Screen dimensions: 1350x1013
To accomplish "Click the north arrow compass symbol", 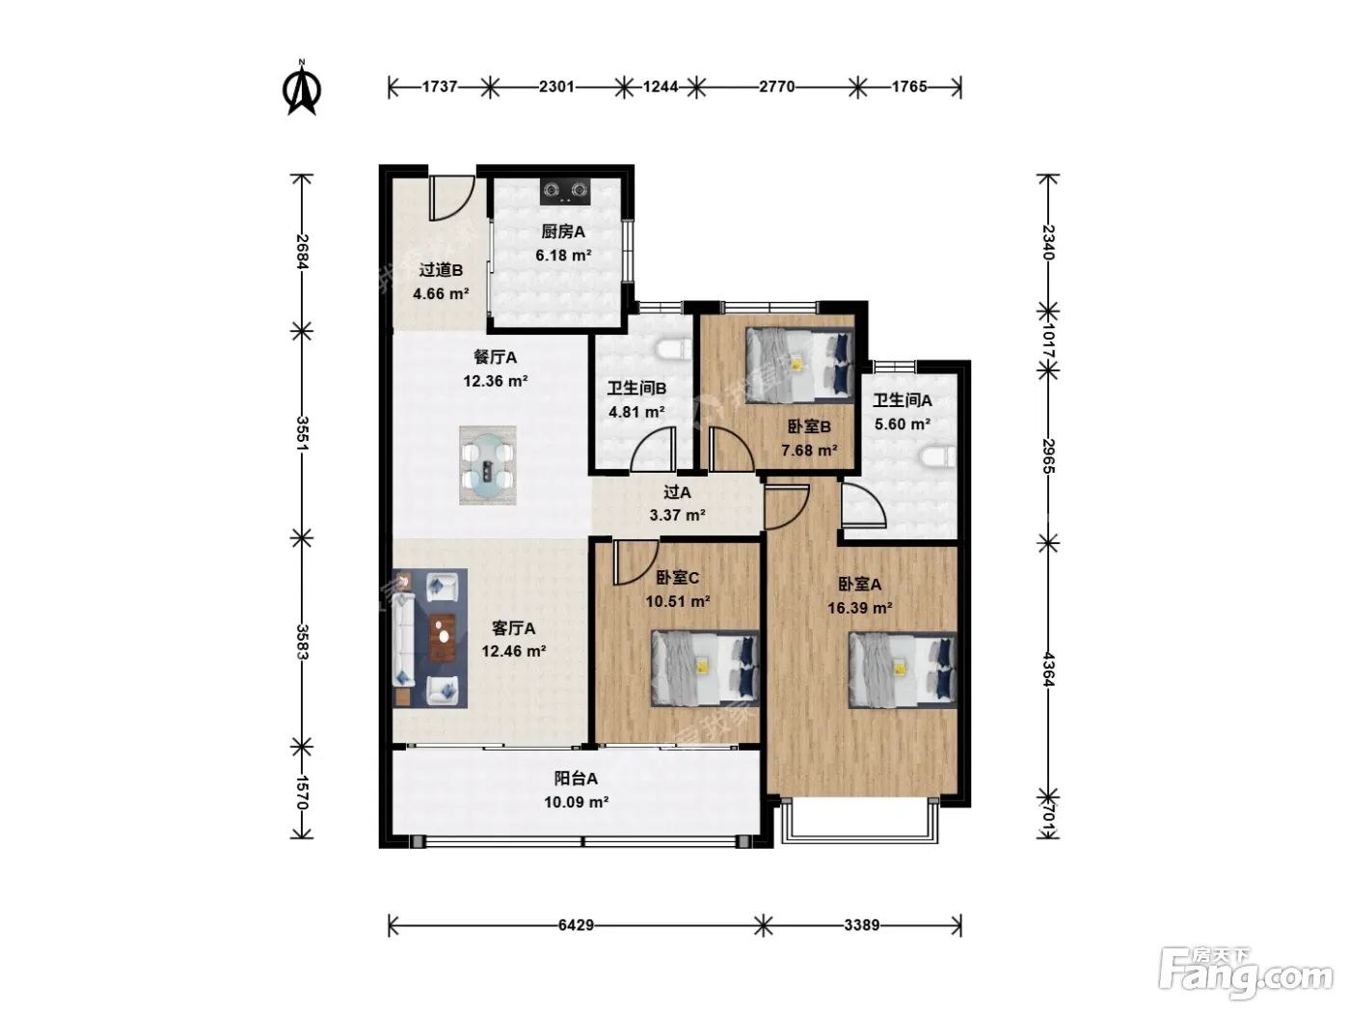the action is [x=302, y=89].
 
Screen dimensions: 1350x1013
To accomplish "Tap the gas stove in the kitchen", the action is [x=565, y=191].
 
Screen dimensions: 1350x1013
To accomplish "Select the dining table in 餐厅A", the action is [x=488, y=466].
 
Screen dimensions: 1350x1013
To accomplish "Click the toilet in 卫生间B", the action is [x=674, y=349].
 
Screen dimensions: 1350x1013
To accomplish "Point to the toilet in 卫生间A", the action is [x=938, y=457].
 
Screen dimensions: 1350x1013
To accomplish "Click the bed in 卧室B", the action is [x=799, y=365].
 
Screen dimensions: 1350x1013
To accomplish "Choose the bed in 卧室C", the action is [x=706, y=668].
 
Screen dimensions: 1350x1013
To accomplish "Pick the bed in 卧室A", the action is [x=903, y=670].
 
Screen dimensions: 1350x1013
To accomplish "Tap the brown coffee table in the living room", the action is [x=443, y=638].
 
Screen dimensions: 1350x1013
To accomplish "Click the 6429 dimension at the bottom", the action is [x=576, y=925].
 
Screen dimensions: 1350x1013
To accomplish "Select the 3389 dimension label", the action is [x=862, y=925].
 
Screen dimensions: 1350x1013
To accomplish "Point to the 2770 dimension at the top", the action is [x=777, y=87].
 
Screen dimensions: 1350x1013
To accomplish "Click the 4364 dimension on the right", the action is [x=1048, y=671].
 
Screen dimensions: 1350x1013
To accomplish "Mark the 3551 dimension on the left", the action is [x=302, y=433].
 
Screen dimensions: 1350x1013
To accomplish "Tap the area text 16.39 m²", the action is [x=860, y=609].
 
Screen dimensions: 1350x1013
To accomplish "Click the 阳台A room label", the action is [x=576, y=779].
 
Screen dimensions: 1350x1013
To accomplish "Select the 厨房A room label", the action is [x=563, y=232].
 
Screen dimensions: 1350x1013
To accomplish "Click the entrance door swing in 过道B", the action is [x=451, y=198].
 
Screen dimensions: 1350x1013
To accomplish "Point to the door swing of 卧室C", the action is [x=635, y=562].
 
